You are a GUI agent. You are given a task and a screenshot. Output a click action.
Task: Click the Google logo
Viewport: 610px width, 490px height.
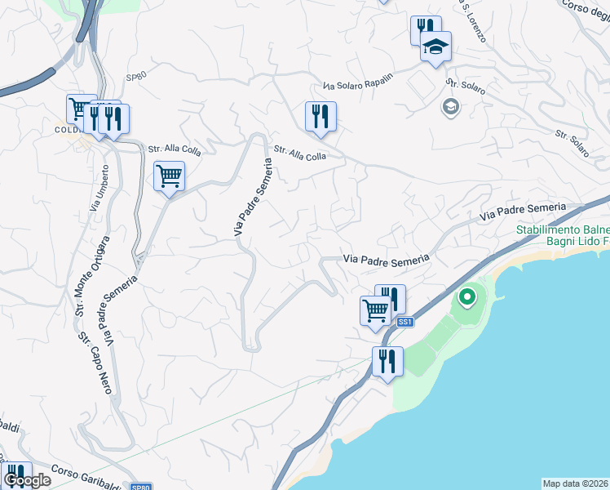pyautogui.click(x=26, y=481)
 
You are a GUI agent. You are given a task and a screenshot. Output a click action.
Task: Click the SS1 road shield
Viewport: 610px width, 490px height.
pyautogui.click(x=405, y=323)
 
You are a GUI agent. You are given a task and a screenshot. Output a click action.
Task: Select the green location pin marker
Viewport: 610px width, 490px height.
pyautogui.click(x=466, y=297)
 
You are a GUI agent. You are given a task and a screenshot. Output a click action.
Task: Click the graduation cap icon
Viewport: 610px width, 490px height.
pyautogui.click(x=435, y=47)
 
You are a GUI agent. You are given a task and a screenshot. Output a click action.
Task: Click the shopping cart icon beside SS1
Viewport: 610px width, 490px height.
pyautogui.click(x=375, y=310)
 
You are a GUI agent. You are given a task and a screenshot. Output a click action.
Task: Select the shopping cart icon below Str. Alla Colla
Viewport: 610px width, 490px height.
pyautogui.click(x=169, y=176)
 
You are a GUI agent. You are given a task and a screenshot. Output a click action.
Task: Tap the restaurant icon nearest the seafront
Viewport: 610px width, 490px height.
pyautogui.click(x=387, y=361)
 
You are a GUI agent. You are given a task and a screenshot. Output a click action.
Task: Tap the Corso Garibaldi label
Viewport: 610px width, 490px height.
pyautogui.click(x=86, y=475)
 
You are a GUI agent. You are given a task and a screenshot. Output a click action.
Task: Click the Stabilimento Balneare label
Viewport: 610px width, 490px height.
pyautogui.click(x=563, y=230)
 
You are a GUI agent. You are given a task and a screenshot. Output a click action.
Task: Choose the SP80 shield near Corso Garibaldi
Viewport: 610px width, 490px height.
pyautogui.click(x=142, y=485)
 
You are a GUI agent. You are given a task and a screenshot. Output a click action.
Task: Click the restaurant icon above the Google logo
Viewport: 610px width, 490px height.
pyautogui.click(x=16, y=472)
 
